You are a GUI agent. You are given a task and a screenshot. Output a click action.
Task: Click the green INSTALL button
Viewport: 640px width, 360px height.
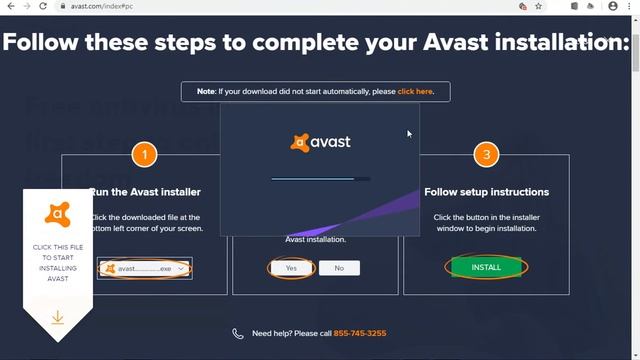click(486, 267)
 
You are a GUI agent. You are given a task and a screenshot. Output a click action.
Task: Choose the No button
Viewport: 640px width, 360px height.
click(339, 268)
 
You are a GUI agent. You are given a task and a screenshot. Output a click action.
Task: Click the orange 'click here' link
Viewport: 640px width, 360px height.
click(415, 92)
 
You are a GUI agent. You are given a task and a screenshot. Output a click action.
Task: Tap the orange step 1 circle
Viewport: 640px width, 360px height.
click(145, 155)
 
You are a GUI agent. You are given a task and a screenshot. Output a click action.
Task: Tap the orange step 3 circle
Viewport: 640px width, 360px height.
click(486, 155)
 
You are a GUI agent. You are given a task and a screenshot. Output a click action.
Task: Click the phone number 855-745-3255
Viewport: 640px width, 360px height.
click(360, 333)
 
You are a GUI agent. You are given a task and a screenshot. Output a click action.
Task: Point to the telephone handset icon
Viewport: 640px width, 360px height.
click(237, 333)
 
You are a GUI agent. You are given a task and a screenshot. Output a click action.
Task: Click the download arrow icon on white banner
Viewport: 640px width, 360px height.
click(57, 317)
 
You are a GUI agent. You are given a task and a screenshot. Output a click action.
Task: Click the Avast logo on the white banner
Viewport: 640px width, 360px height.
click(57, 214)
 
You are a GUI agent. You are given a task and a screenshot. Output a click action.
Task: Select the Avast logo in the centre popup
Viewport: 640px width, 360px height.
click(320, 142)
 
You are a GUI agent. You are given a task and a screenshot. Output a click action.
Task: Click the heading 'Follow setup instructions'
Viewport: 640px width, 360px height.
click(486, 192)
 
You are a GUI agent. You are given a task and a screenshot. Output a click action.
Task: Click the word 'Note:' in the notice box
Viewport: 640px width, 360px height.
click(206, 92)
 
